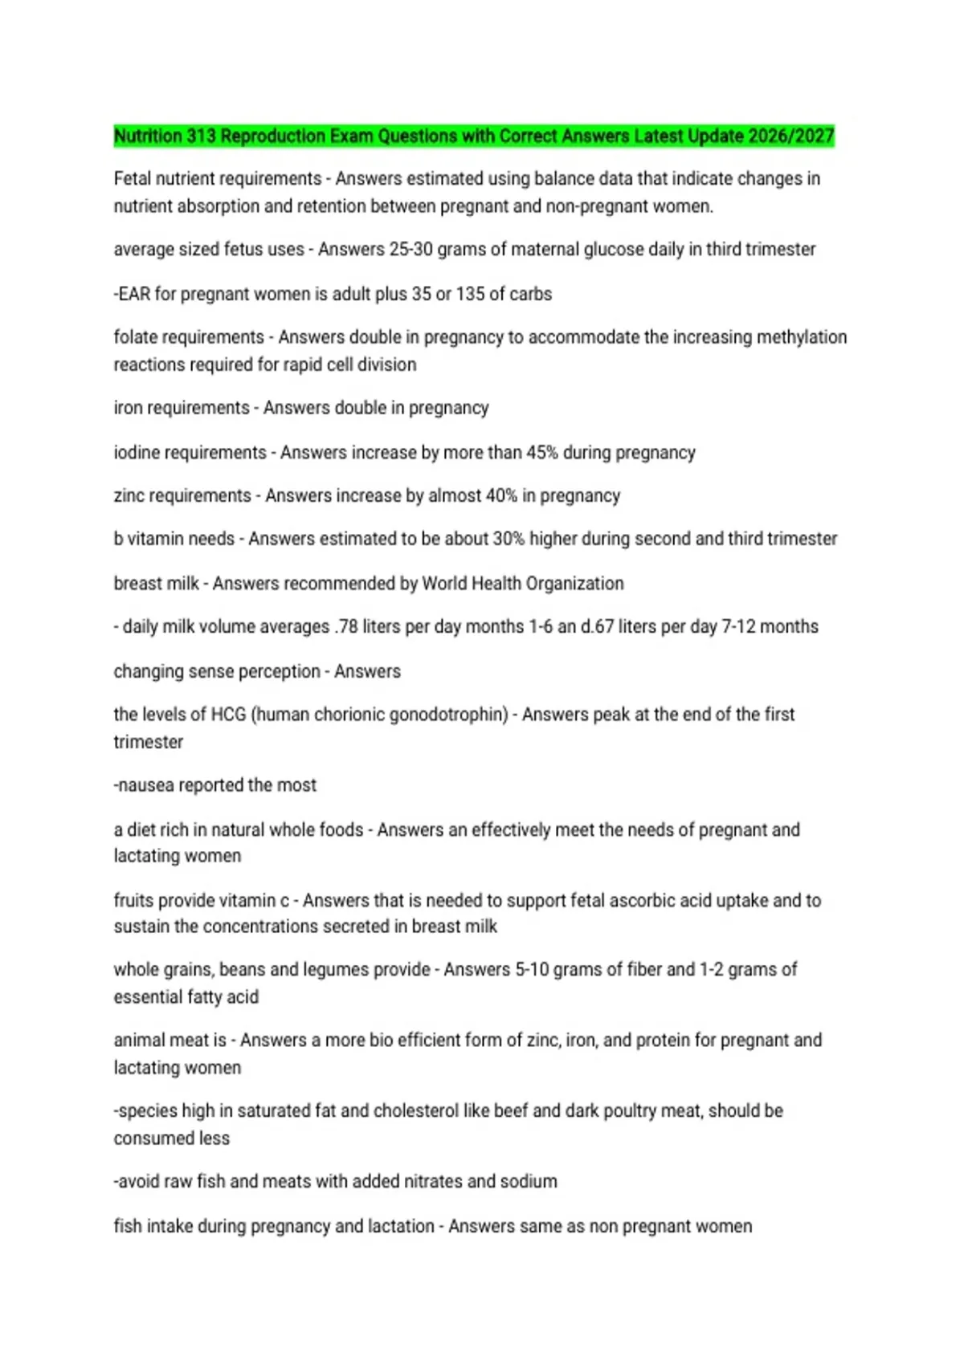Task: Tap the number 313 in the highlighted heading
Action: click(x=201, y=136)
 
